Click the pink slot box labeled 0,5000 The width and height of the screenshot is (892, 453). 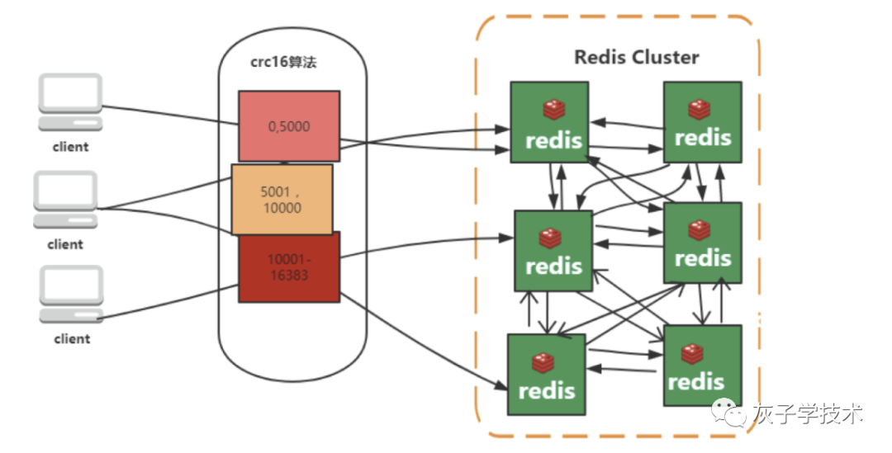(x=289, y=125)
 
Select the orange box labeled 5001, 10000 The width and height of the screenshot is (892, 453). (x=282, y=199)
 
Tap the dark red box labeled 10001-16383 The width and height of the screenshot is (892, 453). (x=289, y=267)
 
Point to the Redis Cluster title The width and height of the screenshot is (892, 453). (x=636, y=57)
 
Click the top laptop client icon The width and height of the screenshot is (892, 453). (x=70, y=102)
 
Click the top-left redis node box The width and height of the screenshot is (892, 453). (x=548, y=121)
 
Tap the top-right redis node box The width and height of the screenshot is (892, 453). (x=702, y=121)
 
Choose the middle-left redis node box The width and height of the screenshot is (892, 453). (x=553, y=250)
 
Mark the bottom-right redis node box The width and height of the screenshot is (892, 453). (x=702, y=364)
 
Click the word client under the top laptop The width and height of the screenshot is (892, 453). (x=70, y=147)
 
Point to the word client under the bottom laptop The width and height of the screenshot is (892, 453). (x=72, y=338)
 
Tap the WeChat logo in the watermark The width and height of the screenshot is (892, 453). (x=730, y=412)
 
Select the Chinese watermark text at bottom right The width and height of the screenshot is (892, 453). (x=807, y=412)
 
